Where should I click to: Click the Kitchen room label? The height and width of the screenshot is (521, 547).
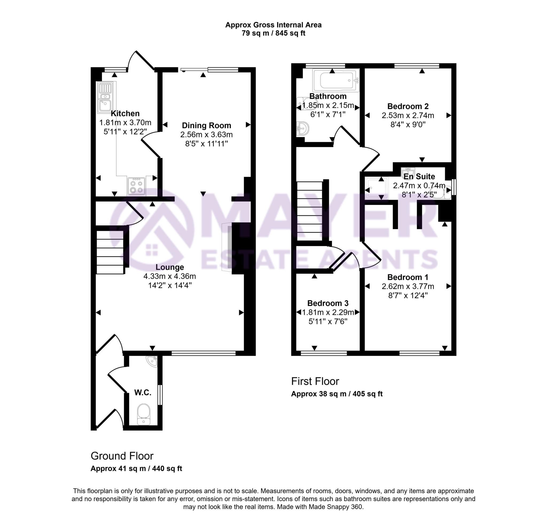pos(125,113)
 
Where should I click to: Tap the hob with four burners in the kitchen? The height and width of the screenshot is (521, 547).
pos(136,186)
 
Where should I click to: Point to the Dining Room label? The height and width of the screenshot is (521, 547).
pos(206,126)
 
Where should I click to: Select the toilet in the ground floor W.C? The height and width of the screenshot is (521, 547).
pos(144,414)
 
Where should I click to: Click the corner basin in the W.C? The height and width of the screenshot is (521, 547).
pos(152,361)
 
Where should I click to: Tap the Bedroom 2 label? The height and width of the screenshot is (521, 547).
pos(408,106)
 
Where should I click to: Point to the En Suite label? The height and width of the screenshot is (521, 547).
pos(419,176)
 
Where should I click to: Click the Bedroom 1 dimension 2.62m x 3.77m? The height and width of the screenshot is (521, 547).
pos(408,286)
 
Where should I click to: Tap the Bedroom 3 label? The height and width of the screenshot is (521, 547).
pos(328,303)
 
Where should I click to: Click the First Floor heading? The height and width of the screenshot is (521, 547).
pos(315,381)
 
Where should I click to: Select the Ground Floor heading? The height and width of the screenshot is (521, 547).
pos(122,456)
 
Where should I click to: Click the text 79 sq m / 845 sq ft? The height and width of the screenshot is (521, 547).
pos(273,33)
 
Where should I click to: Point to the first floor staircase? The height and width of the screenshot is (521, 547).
pos(310,211)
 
